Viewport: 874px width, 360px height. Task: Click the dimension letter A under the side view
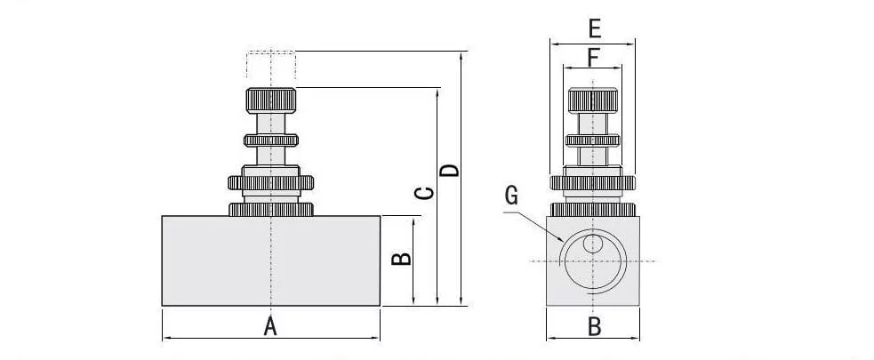[270, 326]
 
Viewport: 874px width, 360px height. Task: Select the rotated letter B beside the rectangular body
[401, 260]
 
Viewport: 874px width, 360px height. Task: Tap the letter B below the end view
[595, 326]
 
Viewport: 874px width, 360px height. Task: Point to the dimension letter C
[426, 193]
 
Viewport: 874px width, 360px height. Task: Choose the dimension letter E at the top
[595, 28]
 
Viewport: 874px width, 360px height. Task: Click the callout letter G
[511, 196]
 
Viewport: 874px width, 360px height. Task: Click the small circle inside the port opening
[592, 243]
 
